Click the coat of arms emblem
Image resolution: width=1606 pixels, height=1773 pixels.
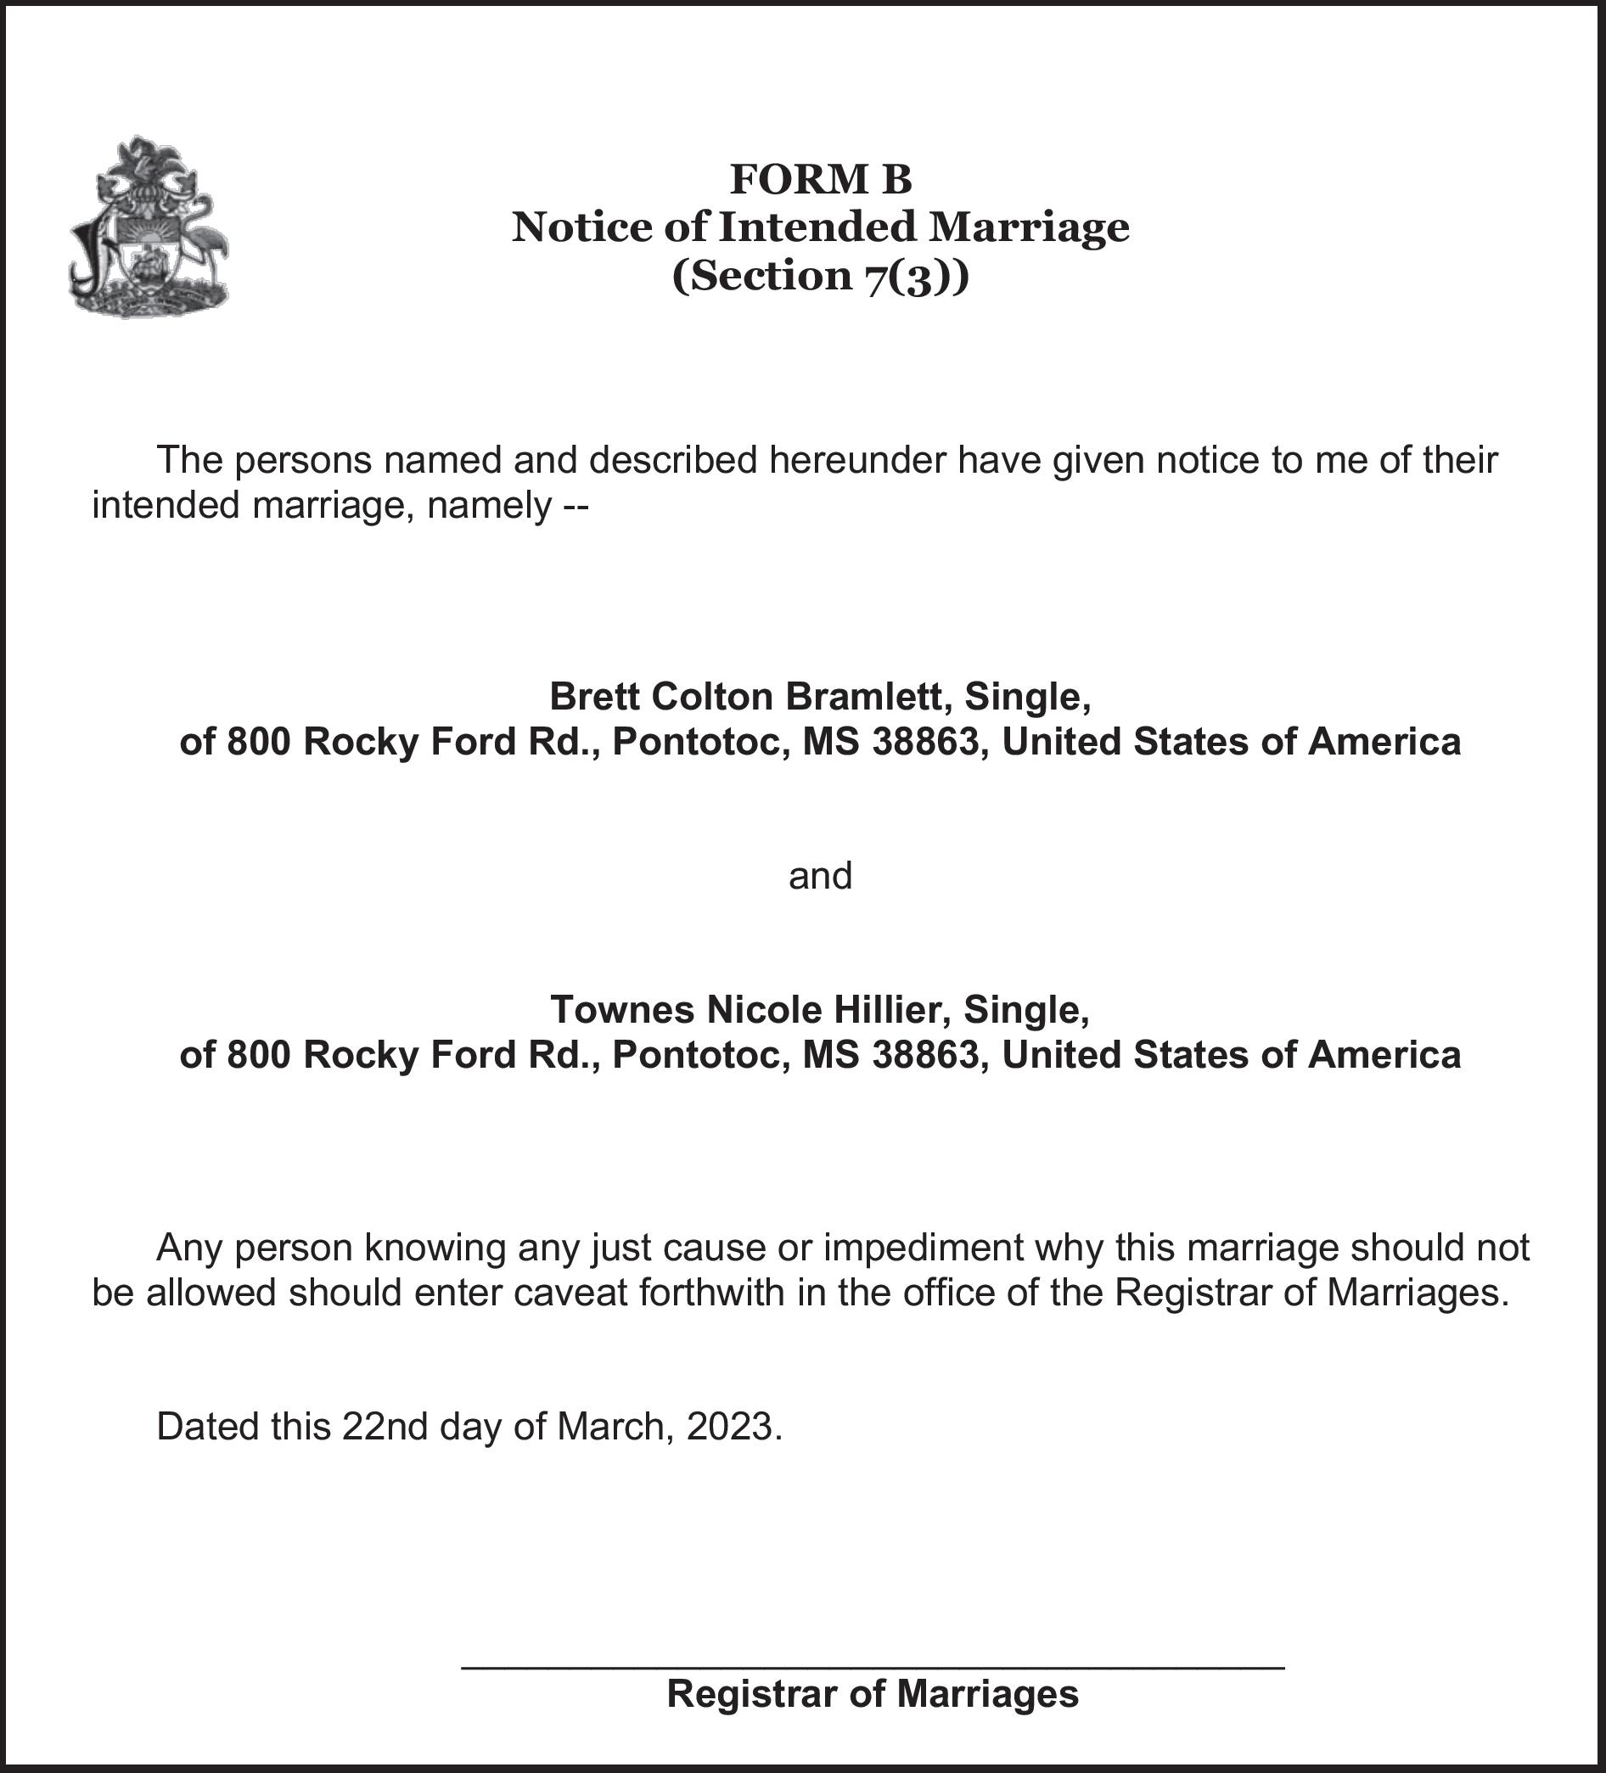point(149,227)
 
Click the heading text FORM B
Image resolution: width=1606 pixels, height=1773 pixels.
point(821,179)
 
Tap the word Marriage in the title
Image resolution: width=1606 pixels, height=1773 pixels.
point(1029,227)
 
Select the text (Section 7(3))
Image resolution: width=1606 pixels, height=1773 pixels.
point(821,275)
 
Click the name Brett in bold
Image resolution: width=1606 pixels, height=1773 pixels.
point(594,697)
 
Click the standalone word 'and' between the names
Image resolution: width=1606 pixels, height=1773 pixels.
point(821,876)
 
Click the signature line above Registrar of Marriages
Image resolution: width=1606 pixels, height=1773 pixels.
point(873,1665)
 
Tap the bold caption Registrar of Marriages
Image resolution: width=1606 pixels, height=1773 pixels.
point(873,1693)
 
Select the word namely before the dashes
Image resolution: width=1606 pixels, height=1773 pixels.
point(489,506)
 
